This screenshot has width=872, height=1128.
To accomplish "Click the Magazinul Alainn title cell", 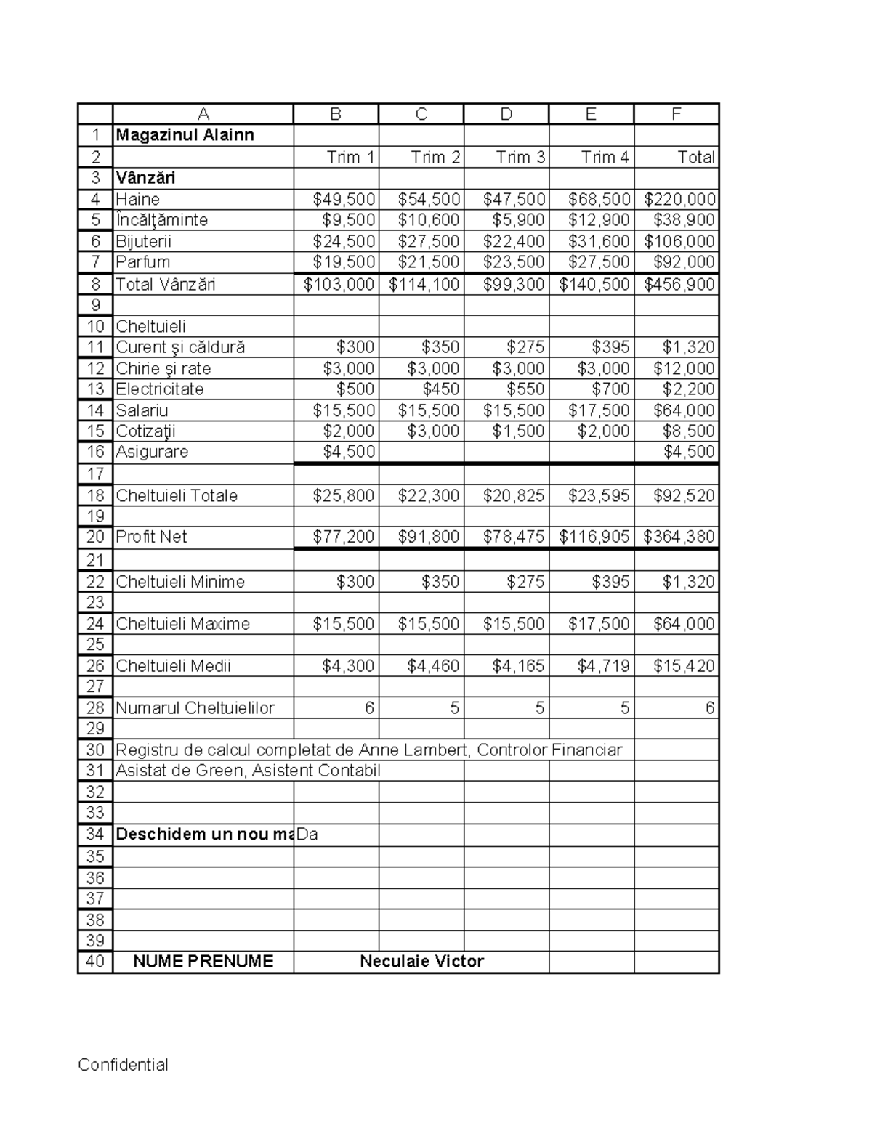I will coord(185,136).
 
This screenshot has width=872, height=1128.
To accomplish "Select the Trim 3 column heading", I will coord(520,158).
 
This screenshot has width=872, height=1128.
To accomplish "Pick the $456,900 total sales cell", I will coord(679,285).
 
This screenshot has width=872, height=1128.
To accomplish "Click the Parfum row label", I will coord(143,262).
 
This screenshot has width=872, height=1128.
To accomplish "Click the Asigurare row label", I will coord(152,452).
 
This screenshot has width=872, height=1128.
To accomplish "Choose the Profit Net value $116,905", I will coord(594,537).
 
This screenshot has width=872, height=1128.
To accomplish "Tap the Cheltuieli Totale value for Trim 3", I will coord(514,496).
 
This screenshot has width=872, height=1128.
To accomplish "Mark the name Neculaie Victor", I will coord(421,962).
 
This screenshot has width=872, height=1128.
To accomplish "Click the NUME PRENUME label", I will coord(203,962).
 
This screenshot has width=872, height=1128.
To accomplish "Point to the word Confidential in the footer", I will coord(123,1066).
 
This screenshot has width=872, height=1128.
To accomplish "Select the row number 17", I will coord(95,474).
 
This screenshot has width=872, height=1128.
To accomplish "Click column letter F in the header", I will coord(677,114).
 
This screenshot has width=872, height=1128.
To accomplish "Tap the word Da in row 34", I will coord(307,835).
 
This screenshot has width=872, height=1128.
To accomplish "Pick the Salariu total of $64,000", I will coord(684,410).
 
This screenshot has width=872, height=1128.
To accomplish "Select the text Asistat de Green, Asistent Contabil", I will coord(248,771).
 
